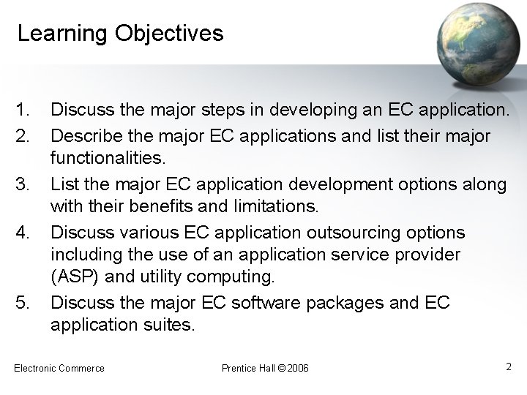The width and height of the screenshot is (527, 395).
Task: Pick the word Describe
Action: coord(83,137)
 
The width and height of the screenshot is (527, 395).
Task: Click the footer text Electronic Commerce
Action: coord(59,368)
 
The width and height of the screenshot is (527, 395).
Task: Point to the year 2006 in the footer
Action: coord(299,368)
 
